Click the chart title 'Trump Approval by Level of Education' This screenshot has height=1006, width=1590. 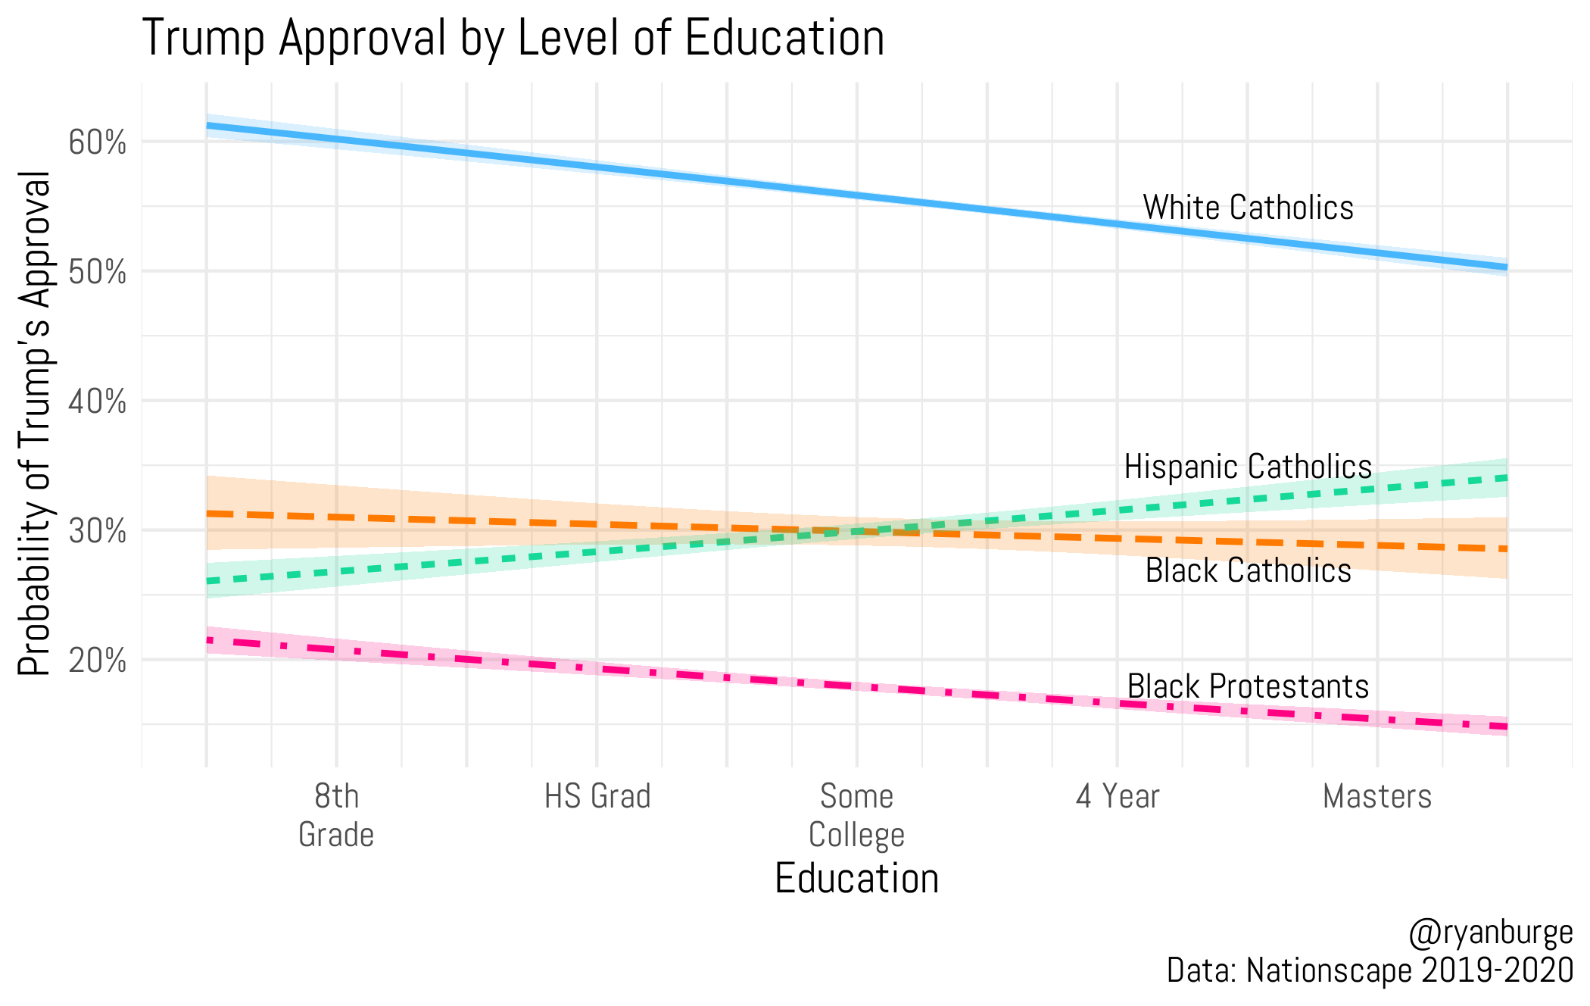point(513,38)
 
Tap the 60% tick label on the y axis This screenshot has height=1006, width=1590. point(97,142)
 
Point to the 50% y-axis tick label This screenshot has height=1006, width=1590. point(97,272)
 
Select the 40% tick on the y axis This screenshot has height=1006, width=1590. point(97,401)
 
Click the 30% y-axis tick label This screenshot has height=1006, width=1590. point(97,531)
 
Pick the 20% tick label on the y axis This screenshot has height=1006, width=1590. point(97,661)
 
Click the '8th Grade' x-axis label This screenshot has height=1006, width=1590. point(336,815)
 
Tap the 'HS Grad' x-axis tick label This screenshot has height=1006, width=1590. point(597,797)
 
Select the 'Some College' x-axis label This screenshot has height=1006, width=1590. point(856,815)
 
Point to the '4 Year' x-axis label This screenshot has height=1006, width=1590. point(1118,797)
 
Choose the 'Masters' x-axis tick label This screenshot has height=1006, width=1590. point(1377,797)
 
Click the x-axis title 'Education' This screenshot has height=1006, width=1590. point(856,879)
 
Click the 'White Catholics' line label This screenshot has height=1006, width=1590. point(1248,208)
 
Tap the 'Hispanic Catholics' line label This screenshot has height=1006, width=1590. point(1248,467)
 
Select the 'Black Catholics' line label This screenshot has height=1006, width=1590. point(1248,570)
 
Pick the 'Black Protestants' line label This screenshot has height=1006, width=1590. point(1248,686)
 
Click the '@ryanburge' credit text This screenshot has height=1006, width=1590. point(1490,932)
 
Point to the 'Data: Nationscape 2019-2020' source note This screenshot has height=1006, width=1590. point(1370,970)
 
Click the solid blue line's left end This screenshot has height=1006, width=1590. point(208,125)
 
